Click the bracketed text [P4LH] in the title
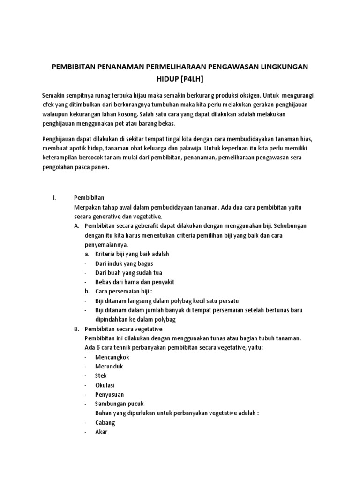191,77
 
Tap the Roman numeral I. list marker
54,198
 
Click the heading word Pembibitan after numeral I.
89,198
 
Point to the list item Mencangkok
112,357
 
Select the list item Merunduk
109,366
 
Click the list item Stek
101,375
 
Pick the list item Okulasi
105,385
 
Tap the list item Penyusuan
110,394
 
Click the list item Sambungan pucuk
119,404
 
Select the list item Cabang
105,422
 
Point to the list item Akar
101,432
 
